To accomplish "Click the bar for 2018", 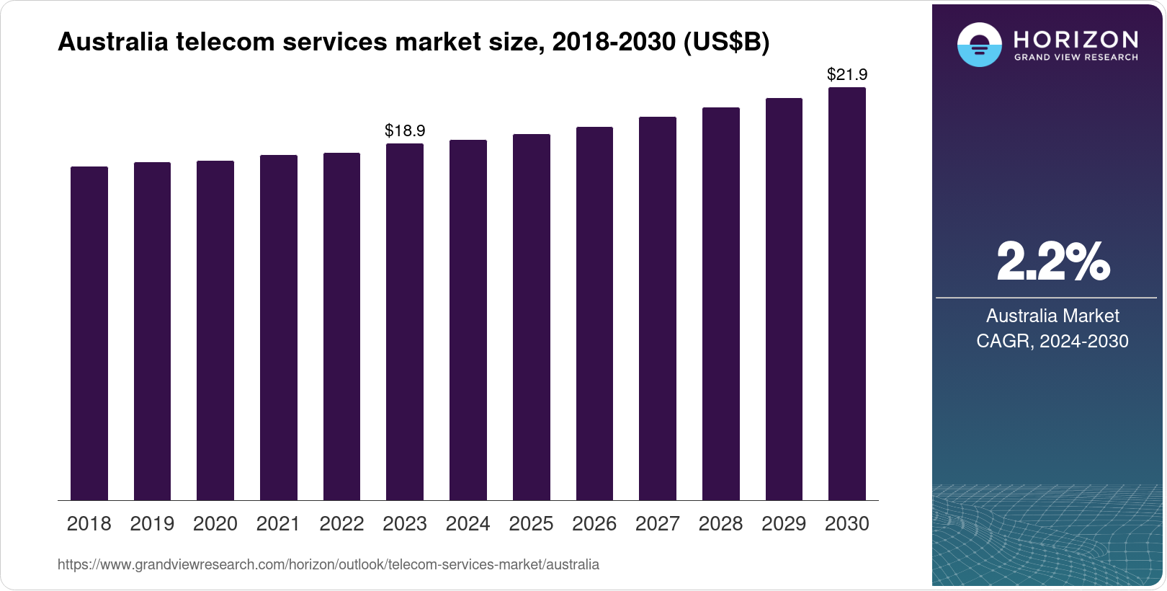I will pyautogui.click(x=89, y=333).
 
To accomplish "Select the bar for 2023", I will pyautogui.click(x=405, y=321).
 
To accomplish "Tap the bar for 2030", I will pyautogui.click(x=846, y=294).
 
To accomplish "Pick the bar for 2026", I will pyautogui.click(x=594, y=314).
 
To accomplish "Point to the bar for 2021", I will pyautogui.click(x=278, y=327).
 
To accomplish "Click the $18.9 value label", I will pyautogui.click(x=405, y=130).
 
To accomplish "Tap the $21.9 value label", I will pyautogui.click(x=846, y=74).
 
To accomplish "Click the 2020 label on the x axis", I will pyautogui.click(x=215, y=523).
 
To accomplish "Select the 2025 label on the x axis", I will pyautogui.click(x=531, y=523).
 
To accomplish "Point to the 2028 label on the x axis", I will pyautogui.click(x=720, y=523).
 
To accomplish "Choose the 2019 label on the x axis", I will pyautogui.click(x=152, y=523).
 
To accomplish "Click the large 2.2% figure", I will pyautogui.click(x=1052, y=262).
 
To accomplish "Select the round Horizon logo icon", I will pyautogui.click(x=979, y=45).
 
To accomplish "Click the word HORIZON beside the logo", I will pyautogui.click(x=1076, y=39).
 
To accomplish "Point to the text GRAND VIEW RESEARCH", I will pyautogui.click(x=1076, y=57).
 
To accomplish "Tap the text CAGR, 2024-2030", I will pyautogui.click(x=1052, y=341).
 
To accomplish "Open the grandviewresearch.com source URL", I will pyautogui.click(x=328, y=564).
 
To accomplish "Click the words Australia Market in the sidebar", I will pyautogui.click(x=1052, y=316).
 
